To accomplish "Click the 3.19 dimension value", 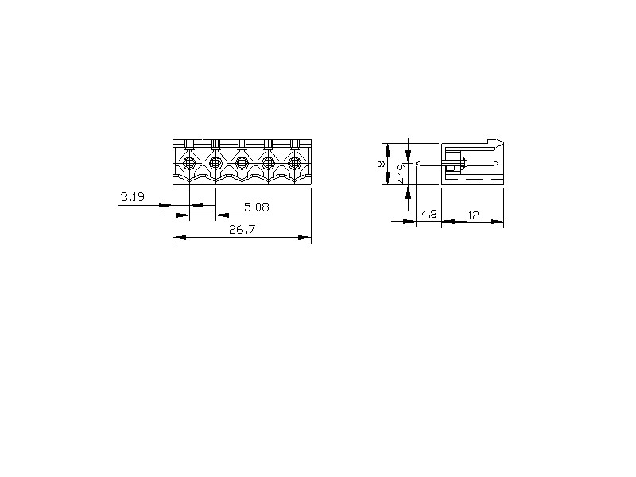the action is [133, 197].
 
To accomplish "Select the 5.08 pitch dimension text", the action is [257, 207].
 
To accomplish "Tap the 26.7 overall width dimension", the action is [242, 230].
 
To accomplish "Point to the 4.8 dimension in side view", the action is [429, 214].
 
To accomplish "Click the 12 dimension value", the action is [473, 215].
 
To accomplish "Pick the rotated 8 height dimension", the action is [381, 164].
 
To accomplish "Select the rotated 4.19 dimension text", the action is [401, 173].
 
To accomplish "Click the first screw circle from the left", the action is [189, 164].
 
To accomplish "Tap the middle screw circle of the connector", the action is [242, 164].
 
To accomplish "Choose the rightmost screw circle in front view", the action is [294, 164].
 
